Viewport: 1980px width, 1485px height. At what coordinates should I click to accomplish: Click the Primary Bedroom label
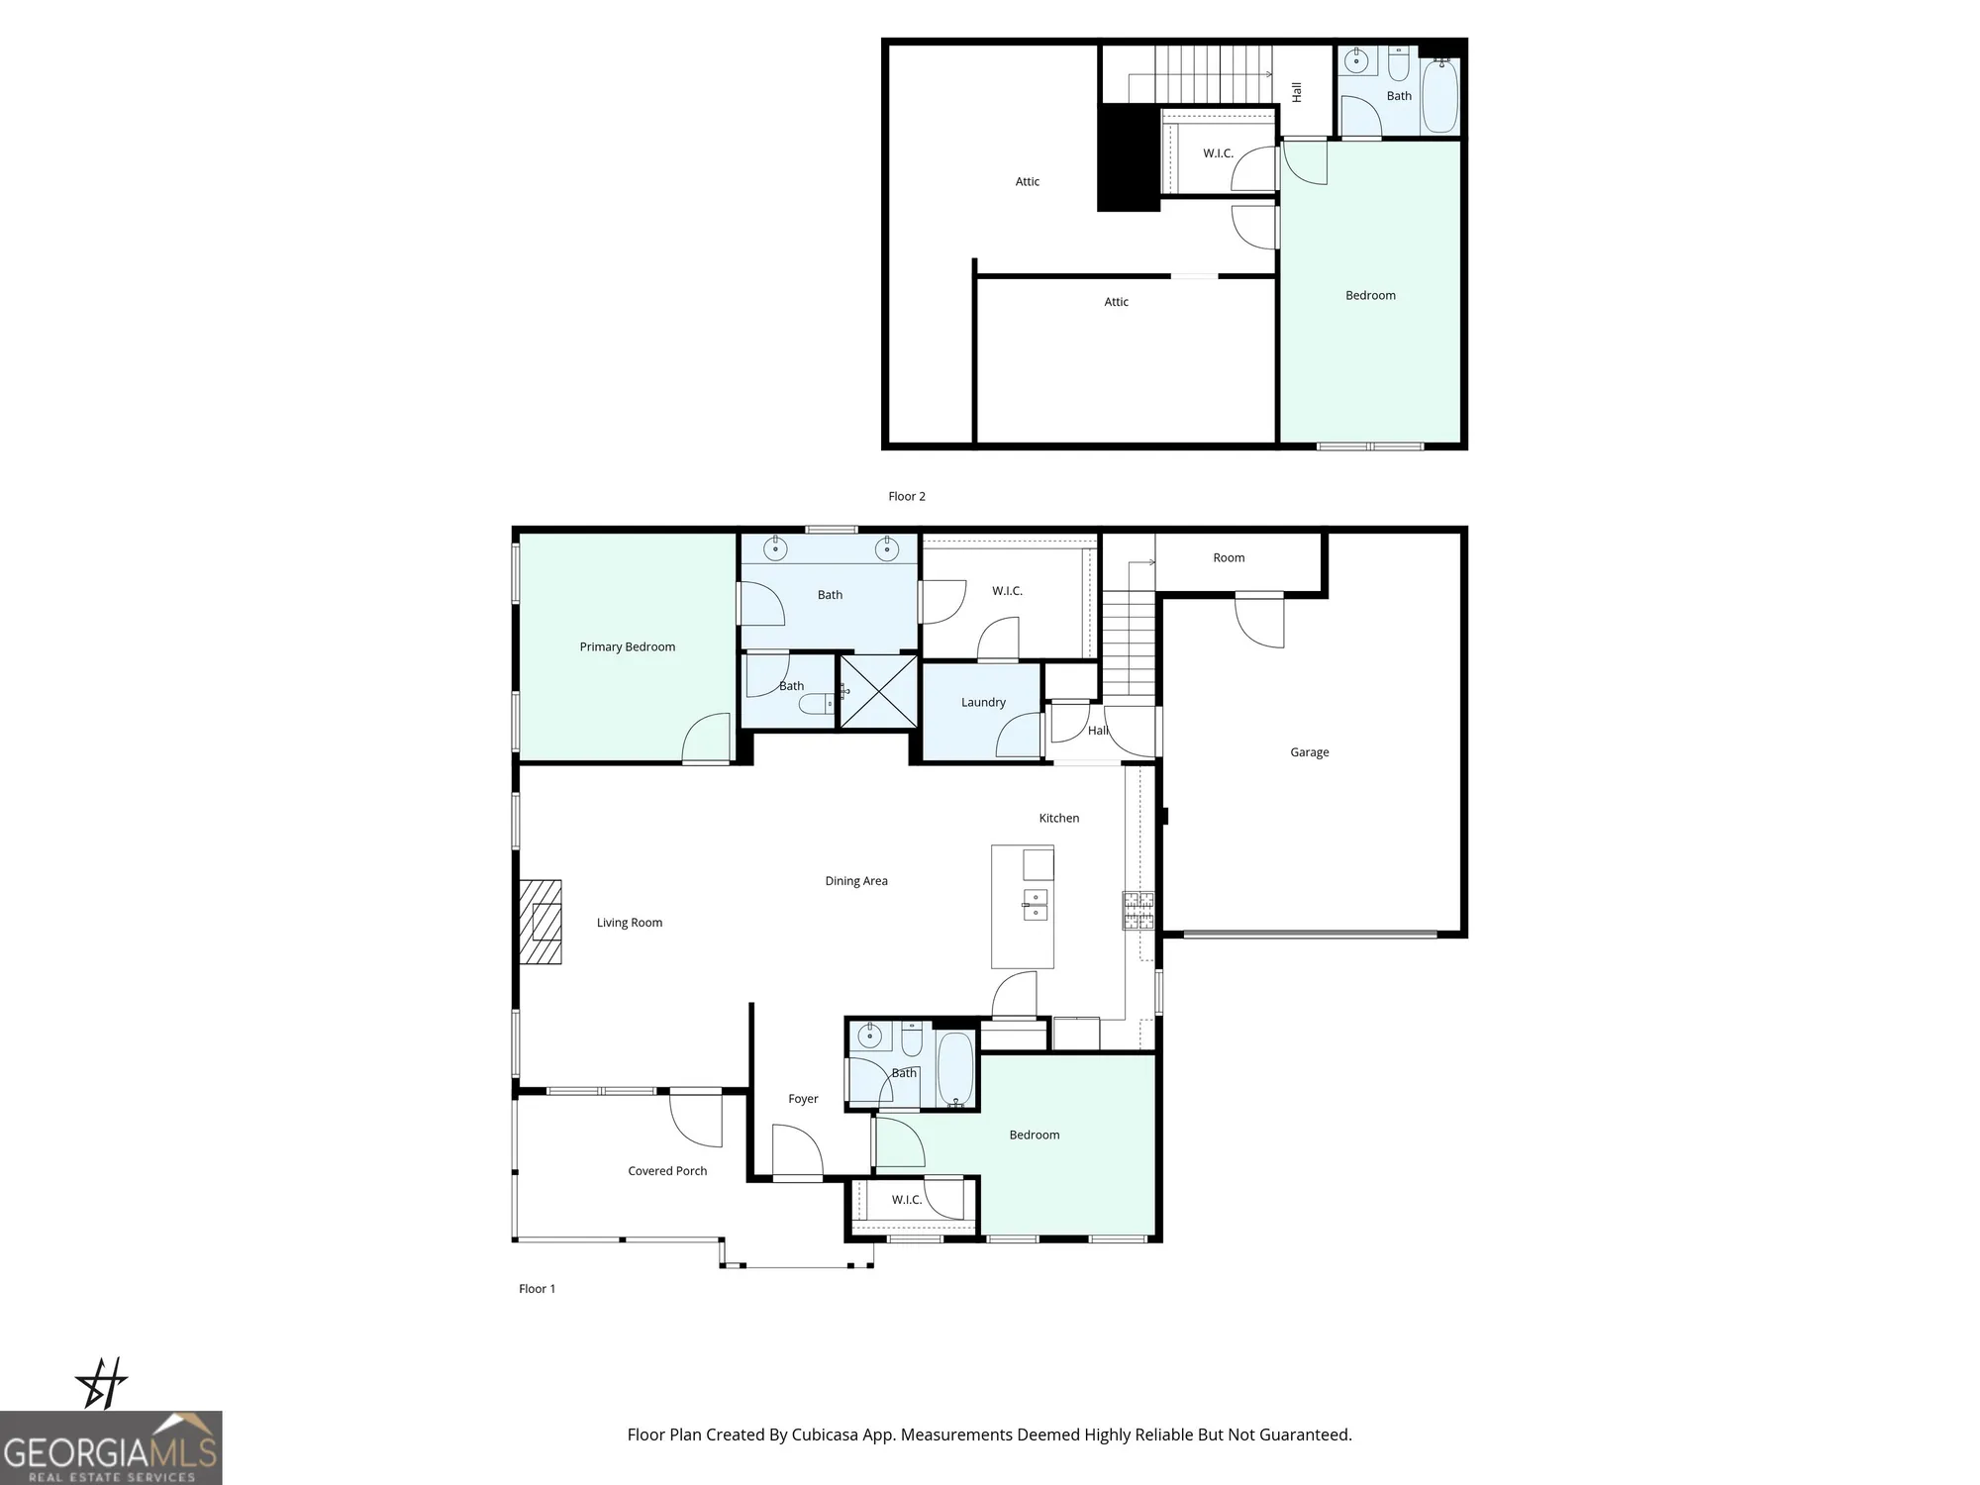[x=627, y=646]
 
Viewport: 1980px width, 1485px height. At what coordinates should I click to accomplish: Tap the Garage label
[x=1309, y=752]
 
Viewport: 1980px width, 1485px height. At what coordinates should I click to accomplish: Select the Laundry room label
[x=983, y=702]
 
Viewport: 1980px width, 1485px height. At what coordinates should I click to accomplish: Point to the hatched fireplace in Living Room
[x=541, y=922]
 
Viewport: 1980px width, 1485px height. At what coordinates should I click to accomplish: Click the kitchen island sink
[x=1035, y=905]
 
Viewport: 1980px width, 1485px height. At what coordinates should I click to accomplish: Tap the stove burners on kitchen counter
[x=1138, y=911]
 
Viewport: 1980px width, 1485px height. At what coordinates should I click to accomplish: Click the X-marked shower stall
[x=878, y=692]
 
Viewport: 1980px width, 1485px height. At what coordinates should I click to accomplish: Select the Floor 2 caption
[x=906, y=496]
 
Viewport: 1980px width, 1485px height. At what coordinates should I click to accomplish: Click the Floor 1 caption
[x=537, y=1288]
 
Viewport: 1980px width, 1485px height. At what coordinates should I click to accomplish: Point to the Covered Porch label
[x=667, y=1170]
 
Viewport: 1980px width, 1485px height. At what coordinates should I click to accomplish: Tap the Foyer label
[x=803, y=1098]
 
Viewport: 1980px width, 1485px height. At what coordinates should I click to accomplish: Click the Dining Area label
[x=855, y=880]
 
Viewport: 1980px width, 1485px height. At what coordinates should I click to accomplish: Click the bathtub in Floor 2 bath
[x=1439, y=95]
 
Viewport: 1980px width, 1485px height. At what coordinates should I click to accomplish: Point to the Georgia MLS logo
[x=111, y=1447]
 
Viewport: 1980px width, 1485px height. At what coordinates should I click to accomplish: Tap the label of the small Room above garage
[x=1229, y=557]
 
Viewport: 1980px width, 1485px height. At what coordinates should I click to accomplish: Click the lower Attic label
[x=1116, y=302]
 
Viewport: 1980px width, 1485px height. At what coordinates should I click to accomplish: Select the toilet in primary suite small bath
[x=818, y=704]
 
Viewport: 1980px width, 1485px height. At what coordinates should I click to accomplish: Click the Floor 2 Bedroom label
[x=1370, y=295]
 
